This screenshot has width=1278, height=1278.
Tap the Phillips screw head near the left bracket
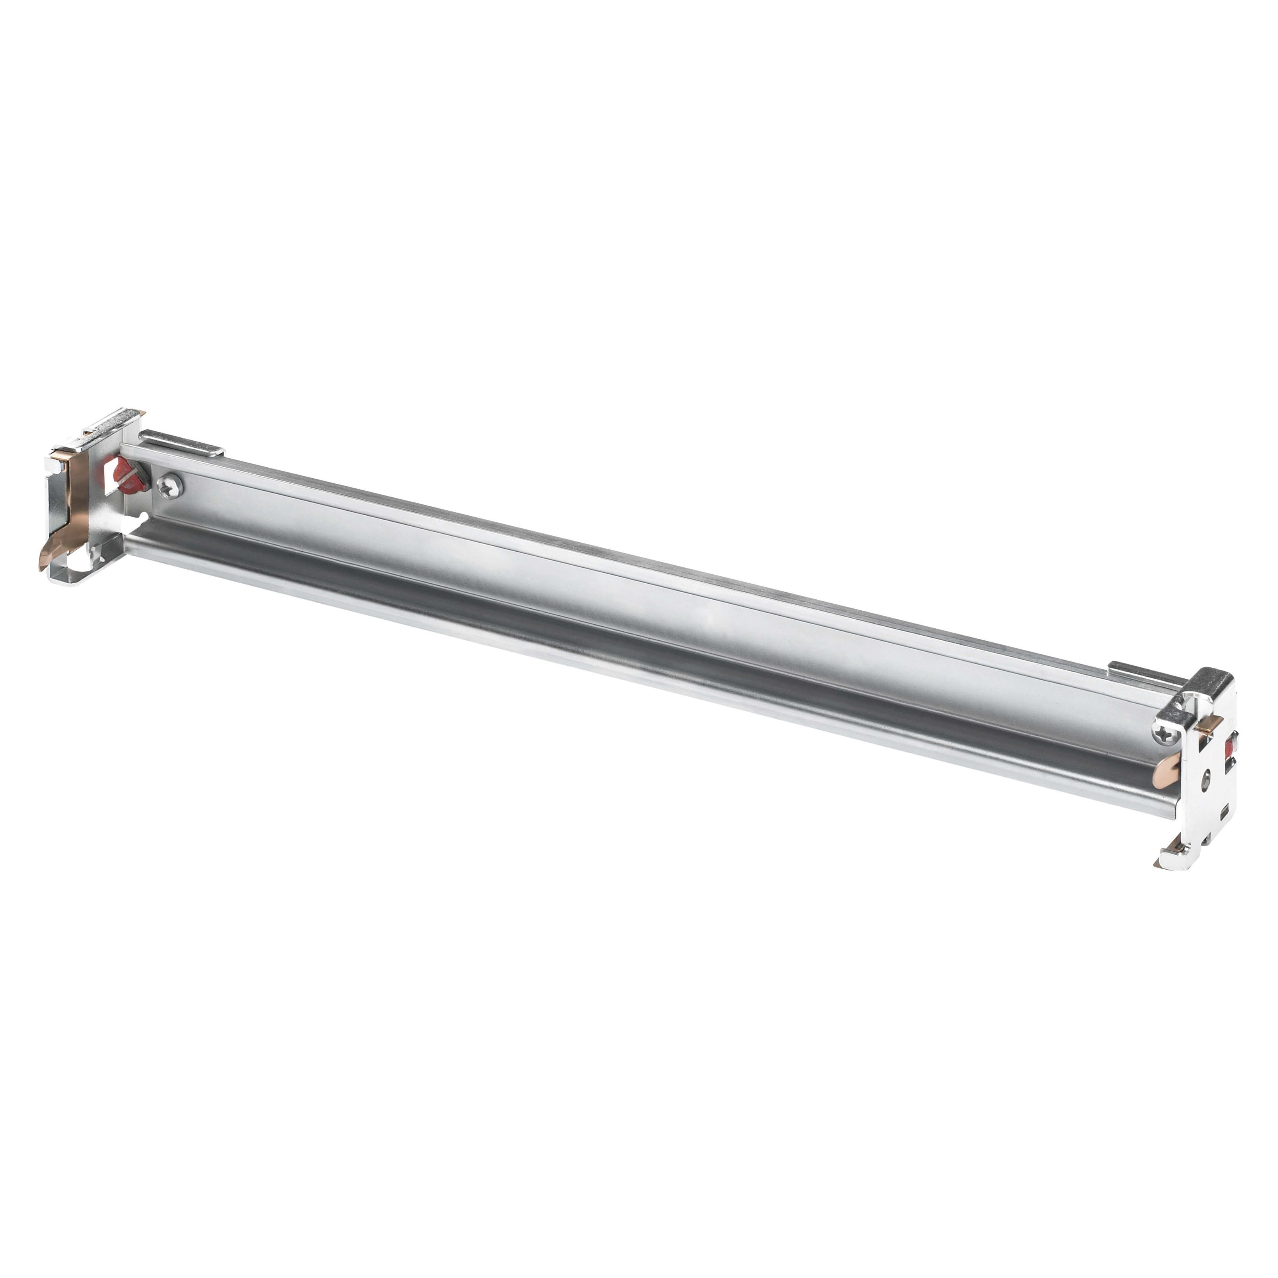tap(170, 487)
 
